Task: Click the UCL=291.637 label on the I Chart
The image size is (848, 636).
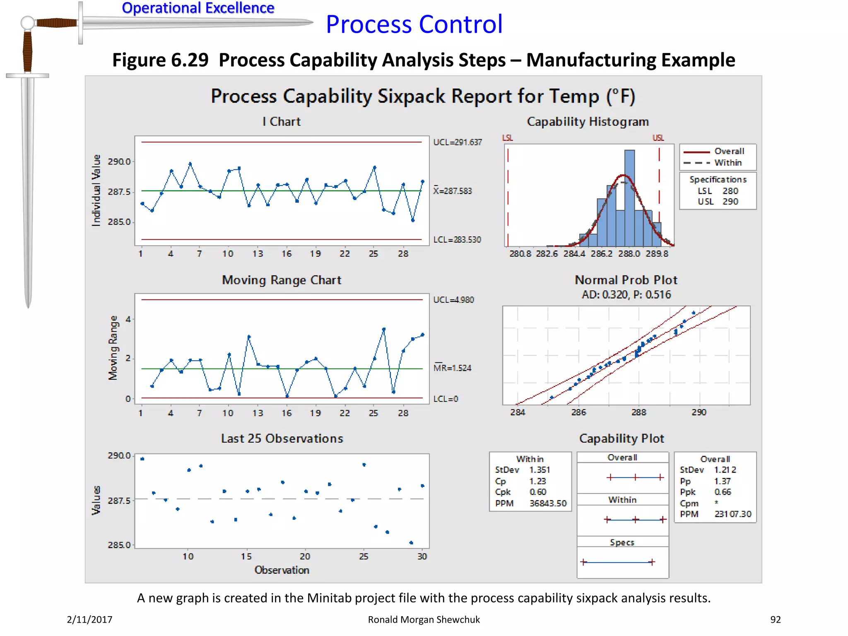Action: point(457,142)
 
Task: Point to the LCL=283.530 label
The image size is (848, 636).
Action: point(457,240)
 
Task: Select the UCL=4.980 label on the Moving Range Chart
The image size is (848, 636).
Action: point(453,300)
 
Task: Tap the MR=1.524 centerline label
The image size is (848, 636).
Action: point(452,368)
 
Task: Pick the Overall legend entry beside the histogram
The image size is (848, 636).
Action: point(729,152)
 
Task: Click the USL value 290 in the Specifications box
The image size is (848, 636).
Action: point(730,202)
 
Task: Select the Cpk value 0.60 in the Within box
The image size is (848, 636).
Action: point(538,492)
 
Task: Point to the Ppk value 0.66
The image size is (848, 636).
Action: point(723,492)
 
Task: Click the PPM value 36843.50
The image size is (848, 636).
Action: point(548,503)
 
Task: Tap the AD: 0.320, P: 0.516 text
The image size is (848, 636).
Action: point(626,295)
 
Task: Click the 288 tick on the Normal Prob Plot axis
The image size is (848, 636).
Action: point(638,412)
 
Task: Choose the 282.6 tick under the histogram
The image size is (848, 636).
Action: point(547,254)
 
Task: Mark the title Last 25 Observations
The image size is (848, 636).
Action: point(282,438)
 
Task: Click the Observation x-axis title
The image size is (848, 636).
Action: point(282,570)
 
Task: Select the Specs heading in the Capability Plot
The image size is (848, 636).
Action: point(622,542)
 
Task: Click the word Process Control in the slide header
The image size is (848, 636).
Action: point(414,24)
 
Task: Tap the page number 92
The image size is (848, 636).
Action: point(775,619)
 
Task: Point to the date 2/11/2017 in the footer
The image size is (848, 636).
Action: point(89,619)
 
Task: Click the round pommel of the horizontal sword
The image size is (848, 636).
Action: point(28,23)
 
